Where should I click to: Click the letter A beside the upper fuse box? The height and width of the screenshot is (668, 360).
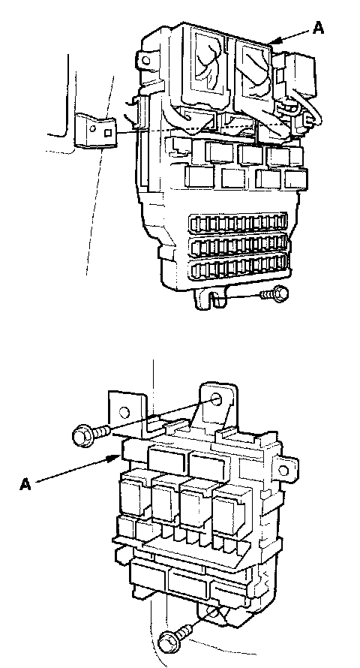[319, 28]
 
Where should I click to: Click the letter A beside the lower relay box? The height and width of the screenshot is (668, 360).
[25, 484]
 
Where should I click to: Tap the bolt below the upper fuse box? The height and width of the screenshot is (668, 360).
[274, 294]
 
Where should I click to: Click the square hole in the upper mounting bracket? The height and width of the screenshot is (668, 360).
[108, 133]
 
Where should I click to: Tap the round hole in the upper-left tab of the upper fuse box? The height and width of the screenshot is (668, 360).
[146, 60]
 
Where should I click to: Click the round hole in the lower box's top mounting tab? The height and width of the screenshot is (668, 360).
[216, 400]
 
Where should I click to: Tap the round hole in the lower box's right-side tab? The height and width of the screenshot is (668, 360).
[283, 471]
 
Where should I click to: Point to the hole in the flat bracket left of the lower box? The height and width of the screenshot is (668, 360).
[124, 412]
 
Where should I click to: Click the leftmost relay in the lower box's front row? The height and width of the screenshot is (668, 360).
[134, 492]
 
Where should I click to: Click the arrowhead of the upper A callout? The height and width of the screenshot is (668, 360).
[274, 41]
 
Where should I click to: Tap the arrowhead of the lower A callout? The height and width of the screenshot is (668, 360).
[115, 459]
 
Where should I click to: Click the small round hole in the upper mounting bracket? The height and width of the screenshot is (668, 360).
[92, 128]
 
